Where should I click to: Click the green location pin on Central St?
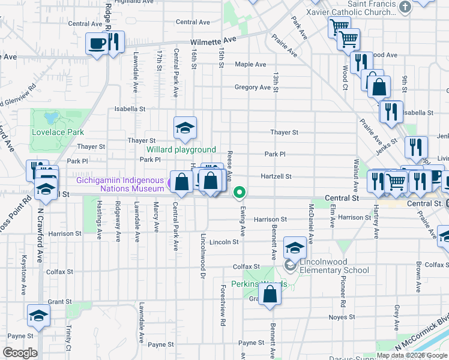[x=240, y=193]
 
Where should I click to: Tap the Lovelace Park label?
[x=58, y=132]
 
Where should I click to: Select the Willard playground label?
[x=181, y=149]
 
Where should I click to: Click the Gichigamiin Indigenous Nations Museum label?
[x=119, y=184]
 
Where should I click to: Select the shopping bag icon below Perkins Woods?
[x=270, y=295]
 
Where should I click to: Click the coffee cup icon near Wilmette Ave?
[x=97, y=43]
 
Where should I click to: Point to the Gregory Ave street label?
[x=252, y=87]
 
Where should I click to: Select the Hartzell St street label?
[x=276, y=176]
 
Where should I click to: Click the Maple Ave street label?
[x=250, y=64]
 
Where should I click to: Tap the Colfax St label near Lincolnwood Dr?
[x=247, y=266]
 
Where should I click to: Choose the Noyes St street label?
[x=343, y=317]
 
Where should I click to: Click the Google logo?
[x=20, y=353]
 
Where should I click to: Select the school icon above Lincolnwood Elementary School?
[x=295, y=247]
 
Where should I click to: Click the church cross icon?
[x=405, y=7]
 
